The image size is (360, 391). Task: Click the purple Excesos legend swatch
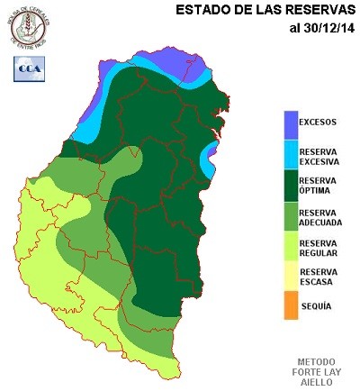[290, 124]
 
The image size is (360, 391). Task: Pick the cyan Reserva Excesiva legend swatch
[290, 155]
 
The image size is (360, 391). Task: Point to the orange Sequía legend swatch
[290, 305]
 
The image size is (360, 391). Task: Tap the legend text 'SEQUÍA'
[315, 306]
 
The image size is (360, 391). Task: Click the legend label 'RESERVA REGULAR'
[319, 248]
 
